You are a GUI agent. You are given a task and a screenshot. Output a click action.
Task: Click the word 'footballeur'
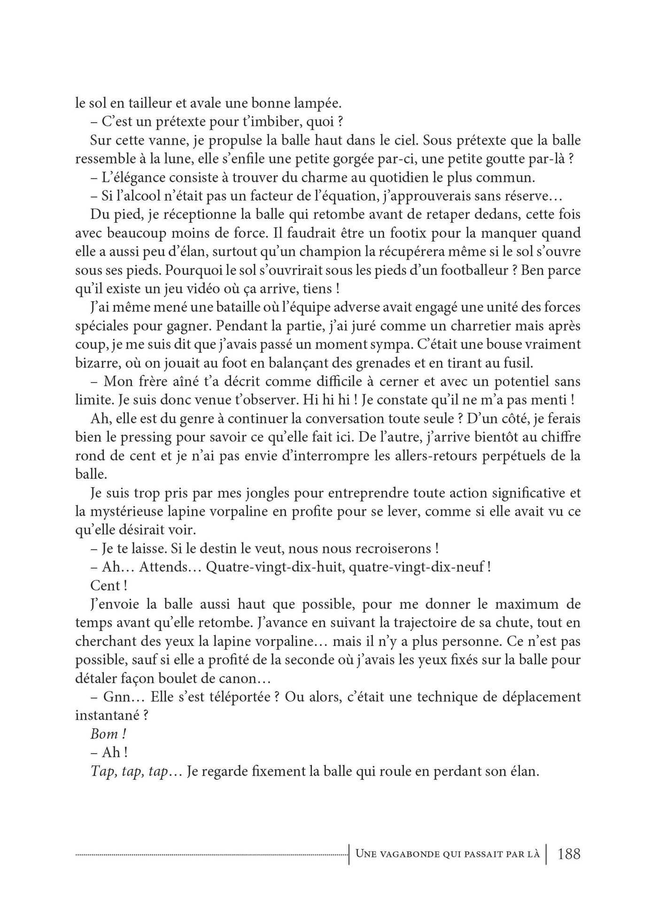(x=478, y=270)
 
